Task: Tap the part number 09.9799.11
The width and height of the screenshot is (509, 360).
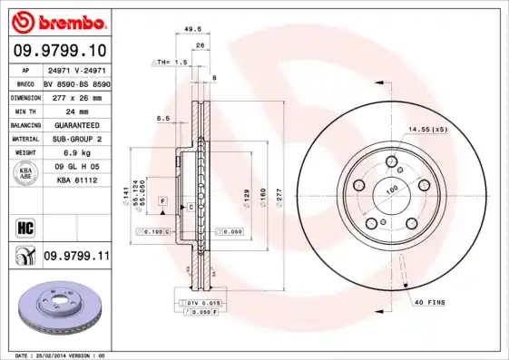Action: (76, 258)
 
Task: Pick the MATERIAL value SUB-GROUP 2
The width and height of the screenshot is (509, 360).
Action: (72, 139)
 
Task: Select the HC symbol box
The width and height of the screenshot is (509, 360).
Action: (24, 226)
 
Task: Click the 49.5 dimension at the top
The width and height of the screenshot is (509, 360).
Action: (192, 29)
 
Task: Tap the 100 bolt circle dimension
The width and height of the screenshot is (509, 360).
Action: (394, 190)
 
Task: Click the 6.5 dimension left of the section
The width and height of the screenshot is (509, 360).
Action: (163, 118)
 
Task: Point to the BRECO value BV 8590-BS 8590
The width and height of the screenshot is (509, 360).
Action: (76, 82)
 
